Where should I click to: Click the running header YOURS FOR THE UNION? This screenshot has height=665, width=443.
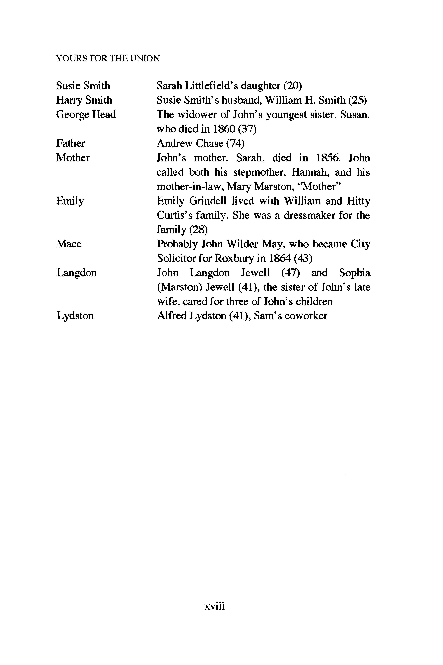click(x=108, y=59)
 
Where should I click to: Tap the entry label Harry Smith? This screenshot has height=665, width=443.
click(x=84, y=100)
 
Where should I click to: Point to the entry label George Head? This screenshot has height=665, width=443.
click(x=86, y=115)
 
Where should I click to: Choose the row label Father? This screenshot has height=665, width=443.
click(x=70, y=143)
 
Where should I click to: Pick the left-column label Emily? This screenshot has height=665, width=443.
click(x=70, y=201)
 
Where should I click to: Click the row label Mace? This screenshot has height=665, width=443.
click(x=69, y=244)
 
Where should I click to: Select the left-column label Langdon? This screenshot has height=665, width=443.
click(x=77, y=273)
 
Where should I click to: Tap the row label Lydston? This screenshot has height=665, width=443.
click(x=75, y=316)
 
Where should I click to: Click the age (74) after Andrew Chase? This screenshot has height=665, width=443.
click(x=235, y=143)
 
